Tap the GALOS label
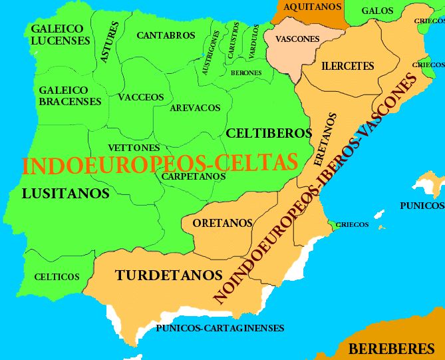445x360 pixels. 377,11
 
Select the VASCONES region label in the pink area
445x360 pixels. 297,39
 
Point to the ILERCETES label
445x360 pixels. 347,66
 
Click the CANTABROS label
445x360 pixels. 166,35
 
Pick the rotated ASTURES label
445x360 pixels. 109,42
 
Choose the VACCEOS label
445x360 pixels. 140,97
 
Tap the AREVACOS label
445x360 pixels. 195,108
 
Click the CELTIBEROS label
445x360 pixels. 269,133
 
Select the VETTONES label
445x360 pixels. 133,147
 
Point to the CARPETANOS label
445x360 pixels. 194,176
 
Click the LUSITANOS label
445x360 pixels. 65,194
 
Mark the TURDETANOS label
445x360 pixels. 168,274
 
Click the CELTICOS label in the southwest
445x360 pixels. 57,277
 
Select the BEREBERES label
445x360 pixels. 391,348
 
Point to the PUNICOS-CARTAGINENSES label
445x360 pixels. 220,328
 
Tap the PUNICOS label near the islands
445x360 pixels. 422,206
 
